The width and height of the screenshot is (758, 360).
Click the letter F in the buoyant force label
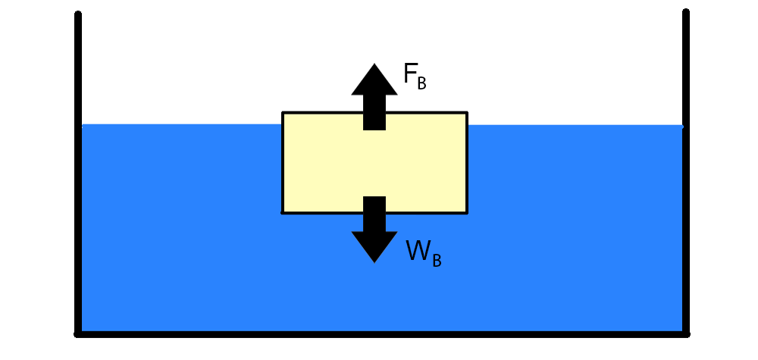[x=410, y=74]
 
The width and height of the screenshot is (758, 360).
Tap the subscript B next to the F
[x=422, y=83]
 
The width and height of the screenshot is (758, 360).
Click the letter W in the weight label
[x=418, y=251]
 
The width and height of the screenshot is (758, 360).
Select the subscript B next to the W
[x=437, y=260]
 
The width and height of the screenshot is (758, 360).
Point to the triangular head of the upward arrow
[x=374, y=80]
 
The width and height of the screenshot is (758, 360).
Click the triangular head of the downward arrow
[x=374, y=246]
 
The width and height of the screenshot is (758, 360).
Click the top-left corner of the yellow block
[x=283, y=113]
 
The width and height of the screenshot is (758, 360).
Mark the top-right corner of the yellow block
[x=466, y=113]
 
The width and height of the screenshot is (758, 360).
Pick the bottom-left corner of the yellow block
[x=283, y=213]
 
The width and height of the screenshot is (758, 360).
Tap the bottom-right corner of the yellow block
[x=466, y=213]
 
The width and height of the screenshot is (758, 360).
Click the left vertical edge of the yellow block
[x=283, y=163]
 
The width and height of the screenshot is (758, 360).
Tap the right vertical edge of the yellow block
[x=466, y=163]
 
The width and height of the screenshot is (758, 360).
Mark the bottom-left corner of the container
[x=78, y=333]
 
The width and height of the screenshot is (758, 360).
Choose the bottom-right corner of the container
[x=685, y=333]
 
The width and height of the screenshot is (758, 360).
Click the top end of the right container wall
[x=685, y=12]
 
